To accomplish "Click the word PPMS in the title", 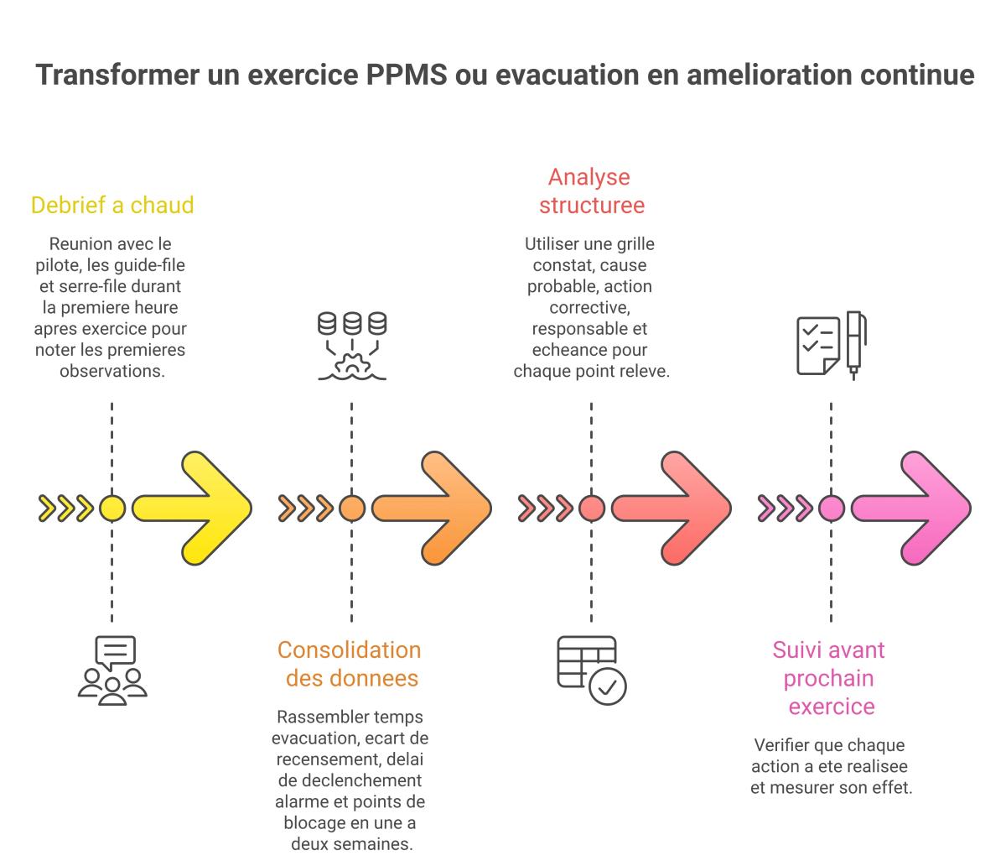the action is point(407,75).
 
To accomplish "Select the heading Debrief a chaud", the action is point(112,205).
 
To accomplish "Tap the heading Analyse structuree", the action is point(591,191).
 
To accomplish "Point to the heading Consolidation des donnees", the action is point(350,664).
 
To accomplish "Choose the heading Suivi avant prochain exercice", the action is point(830,678).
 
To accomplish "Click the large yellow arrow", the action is point(192,508).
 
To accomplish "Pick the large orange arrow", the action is point(432,508).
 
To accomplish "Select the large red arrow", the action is point(672,508).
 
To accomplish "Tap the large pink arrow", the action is point(911,508).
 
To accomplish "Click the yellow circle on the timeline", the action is point(112,509).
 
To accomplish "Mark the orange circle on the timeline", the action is point(352,509).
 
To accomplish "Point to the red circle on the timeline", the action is point(592,509).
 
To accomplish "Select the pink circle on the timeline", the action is point(832,509).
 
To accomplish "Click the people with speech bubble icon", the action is point(112,670).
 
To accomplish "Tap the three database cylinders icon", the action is point(352,346).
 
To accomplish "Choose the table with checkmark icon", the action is point(592,670).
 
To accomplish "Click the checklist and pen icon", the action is point(832,346).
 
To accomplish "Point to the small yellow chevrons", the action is point(65,509).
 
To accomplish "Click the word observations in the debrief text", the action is point(112,371).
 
